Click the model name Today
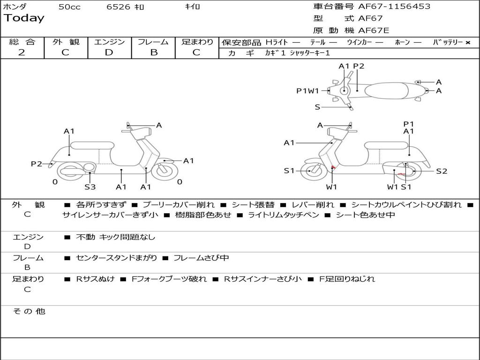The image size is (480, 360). coord(24,18)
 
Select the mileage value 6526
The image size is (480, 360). coord(119,7)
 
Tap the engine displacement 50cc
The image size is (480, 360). coord(69,7)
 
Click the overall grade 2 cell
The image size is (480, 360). coord(22,52)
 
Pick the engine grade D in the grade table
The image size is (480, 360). coord(109,52)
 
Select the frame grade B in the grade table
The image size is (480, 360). coord(153,52)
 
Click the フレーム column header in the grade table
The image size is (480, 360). coord(153,42)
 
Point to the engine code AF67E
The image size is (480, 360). coord(374,31)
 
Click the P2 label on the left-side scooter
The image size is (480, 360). coord(37,164)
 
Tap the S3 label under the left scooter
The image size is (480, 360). coord(90,187)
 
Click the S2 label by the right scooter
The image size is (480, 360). coord(442,171)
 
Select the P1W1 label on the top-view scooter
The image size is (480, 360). coord(307,91)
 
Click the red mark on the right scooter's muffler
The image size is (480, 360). coord(401,174)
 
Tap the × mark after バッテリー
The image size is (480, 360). coord(467,43)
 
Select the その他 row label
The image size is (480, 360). coord(29,311)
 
